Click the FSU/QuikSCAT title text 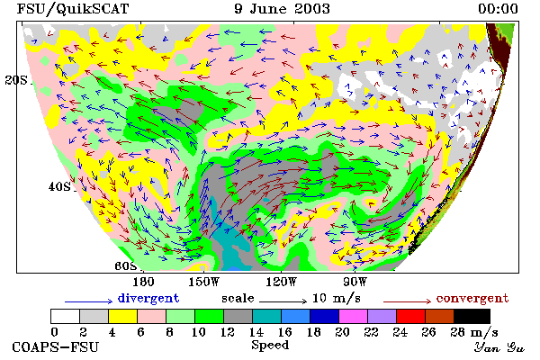click(x=73, y=9)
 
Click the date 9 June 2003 click(x=282, y=8)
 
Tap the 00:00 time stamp click(x=498, y=9)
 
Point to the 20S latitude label click(x=16, y=80)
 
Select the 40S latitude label click(x=59, y=186)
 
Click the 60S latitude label click(x=126, y=265)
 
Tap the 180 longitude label click(x=143, y=282)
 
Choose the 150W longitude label click(x=204, y=282)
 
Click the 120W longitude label click(x=281, y=282)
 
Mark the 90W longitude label click(x=355, y=282)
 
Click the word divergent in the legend click(x=148, y=298)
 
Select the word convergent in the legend click(x=472, y=298)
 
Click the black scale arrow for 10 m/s click(x=283, y=301)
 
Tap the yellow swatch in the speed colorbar click(x=123, y=316)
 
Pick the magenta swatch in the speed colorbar click(x=353, y=316)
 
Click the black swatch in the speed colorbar click(x=472, y=316)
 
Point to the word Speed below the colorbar click(x=270, y=346)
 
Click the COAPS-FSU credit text click(x=56, y=346)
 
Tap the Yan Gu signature click(x=499, y=347)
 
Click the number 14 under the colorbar click(x=256, y=332)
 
